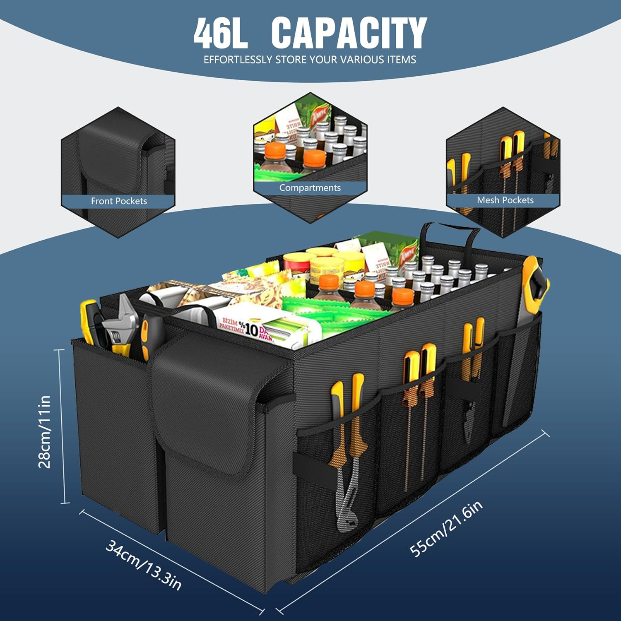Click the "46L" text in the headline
(221, 33)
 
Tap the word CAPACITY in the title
(349, 33)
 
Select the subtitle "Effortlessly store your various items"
(310, 60)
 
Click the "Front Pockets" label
(119, 201)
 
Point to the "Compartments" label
(310, 188)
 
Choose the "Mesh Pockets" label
(505, 200)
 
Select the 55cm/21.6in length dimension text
(446, 529)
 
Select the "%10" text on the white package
(250, 329)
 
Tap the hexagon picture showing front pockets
(118, 166)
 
